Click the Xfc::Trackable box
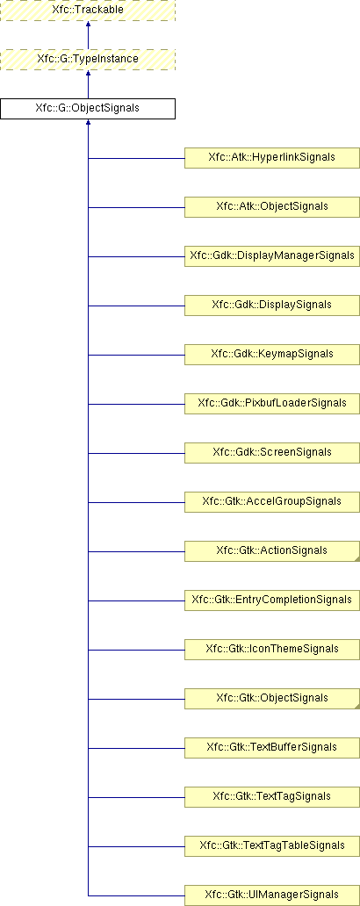87,11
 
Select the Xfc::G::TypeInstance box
87,60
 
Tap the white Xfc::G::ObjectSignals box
87,109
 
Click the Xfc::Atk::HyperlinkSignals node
272,158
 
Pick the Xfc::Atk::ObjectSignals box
272,207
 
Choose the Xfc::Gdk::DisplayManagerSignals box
272,256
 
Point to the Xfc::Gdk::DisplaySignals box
272,306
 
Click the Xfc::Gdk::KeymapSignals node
272,354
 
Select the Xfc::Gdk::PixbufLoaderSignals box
272,403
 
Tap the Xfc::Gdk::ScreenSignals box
272,452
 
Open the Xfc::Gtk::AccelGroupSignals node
272,501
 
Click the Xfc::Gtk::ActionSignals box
272,550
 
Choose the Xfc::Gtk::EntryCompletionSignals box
272,600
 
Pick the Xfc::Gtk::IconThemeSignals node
272,649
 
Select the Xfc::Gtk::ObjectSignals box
272,698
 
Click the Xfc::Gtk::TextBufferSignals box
272,747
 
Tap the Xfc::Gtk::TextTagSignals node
272,796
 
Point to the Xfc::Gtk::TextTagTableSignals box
272,845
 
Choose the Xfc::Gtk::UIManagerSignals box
272,895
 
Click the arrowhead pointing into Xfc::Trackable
88,25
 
